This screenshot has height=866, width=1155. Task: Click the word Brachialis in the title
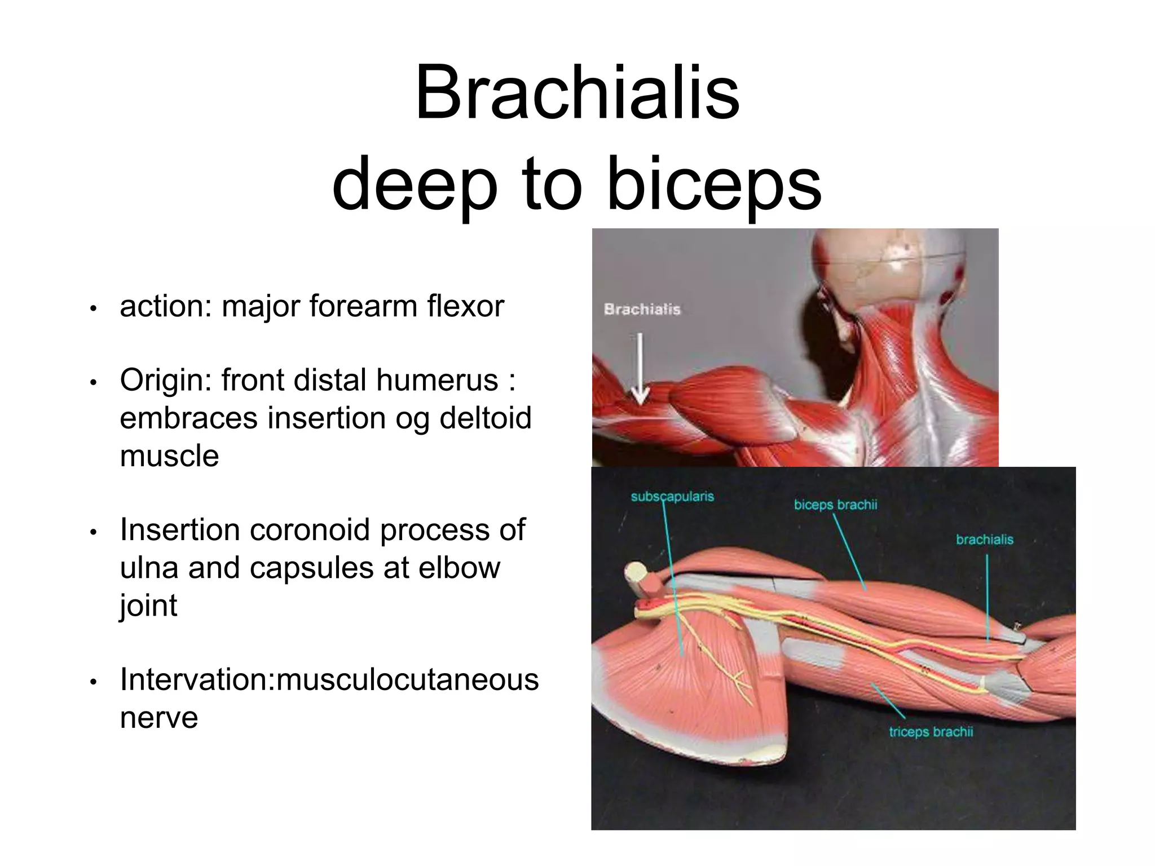[577, 92]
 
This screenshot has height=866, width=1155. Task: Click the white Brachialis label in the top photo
[642, 309]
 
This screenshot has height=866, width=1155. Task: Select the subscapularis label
[672, 497]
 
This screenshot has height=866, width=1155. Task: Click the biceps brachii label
[835, 505]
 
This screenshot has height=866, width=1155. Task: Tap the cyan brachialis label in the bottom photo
[984, 540]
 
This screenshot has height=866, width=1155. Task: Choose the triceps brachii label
[931, 732]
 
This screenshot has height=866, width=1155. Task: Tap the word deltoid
[485, 418]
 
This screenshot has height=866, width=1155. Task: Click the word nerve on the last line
[159, 717]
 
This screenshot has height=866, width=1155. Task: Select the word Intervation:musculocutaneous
[329, 679]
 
